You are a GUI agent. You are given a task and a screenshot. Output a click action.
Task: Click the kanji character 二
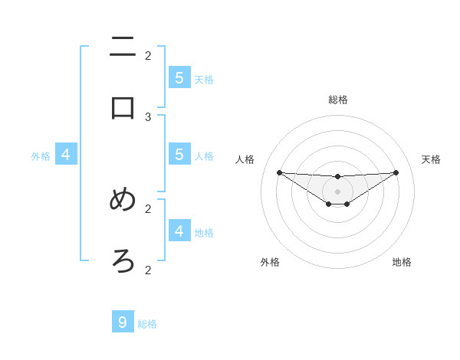123,47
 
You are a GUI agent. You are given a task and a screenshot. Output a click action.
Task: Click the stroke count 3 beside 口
148,116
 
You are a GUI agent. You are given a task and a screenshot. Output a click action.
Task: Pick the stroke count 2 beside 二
148,55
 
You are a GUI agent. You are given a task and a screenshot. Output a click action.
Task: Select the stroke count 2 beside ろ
148,270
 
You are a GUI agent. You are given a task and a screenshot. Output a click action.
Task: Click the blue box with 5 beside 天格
179,77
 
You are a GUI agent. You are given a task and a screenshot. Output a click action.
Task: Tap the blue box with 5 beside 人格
179,154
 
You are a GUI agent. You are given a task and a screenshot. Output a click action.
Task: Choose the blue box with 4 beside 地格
179,230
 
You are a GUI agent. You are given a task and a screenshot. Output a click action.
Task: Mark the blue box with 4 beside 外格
66,155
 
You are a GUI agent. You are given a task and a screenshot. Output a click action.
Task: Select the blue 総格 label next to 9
147,324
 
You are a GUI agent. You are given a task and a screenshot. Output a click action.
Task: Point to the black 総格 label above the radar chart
337,100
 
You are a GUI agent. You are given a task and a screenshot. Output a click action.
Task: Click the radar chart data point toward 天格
396,172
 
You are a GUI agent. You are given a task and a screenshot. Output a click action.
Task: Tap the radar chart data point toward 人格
279,172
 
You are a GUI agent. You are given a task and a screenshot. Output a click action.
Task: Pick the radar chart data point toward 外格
328,204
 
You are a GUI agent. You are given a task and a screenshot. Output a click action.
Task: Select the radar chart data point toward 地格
347,204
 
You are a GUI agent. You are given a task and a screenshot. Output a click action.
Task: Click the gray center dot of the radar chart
337,191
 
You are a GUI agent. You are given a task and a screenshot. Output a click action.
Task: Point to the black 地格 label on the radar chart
402,262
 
